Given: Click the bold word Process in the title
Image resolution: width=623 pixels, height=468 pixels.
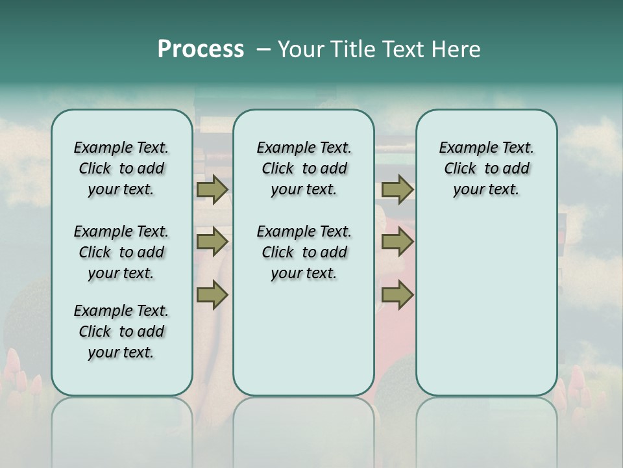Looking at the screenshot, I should [201, 49].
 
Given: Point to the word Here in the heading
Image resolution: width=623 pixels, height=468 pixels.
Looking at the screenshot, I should [457, 49].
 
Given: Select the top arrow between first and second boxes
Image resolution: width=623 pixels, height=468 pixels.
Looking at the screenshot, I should [212, 190].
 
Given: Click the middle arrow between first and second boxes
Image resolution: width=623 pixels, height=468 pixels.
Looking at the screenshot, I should [212, 242].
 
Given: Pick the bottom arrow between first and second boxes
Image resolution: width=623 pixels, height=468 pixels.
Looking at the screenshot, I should [212, 295].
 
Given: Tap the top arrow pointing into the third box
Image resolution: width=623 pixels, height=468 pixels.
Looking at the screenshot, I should [397, 190].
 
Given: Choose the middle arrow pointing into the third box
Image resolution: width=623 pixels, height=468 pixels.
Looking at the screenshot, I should [397, 242].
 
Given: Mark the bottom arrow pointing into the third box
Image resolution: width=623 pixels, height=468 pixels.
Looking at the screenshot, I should [397, 295].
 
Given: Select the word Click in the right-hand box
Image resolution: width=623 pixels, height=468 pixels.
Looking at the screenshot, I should [460, 169].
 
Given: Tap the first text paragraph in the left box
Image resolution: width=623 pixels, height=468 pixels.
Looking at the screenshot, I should [121, 168].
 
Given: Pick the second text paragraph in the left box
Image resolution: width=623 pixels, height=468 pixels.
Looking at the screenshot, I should [121, 252].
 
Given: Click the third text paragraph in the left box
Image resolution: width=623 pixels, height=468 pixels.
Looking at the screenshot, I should [121, 331].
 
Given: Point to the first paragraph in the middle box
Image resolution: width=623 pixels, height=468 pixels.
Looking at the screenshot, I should [304, 168].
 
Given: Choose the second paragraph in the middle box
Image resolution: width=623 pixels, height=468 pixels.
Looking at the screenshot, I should [304, 252].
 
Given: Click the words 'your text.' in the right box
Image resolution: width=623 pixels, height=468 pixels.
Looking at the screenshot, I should [486, 190].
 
